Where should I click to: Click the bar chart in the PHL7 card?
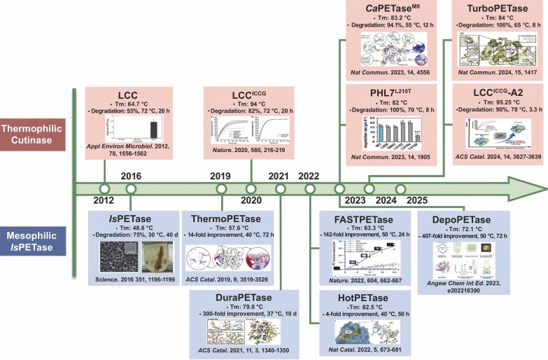coord(381,133)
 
